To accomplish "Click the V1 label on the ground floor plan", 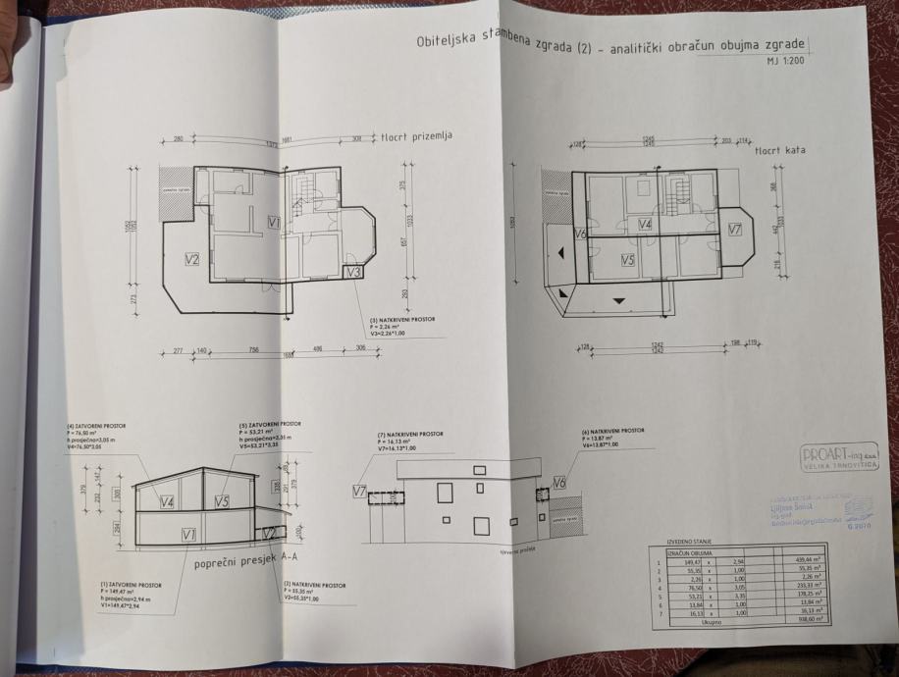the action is (274, 224).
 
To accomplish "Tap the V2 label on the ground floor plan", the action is (192, 260).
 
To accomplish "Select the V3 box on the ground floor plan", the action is (355, 271).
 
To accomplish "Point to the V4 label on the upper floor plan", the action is (645, 225).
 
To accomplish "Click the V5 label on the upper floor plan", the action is (628, 260).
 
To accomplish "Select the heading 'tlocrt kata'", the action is (780, 153).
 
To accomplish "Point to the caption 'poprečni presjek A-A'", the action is (245, 563).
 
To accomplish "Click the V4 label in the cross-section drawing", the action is (167, 502).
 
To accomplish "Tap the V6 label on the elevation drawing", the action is (558, 482).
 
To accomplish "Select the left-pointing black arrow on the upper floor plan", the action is (560, 252).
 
